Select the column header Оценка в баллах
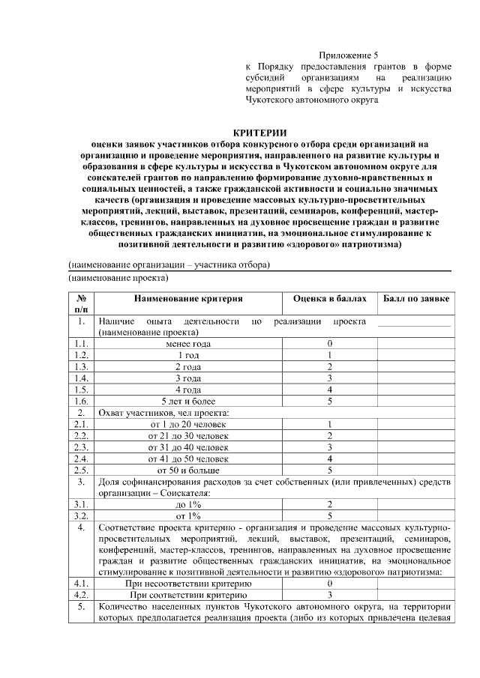[329, 299]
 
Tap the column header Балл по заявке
[416, 299]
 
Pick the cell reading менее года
[188, 344]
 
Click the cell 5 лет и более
[188, 402]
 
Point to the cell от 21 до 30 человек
[188, 436]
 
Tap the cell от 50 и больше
[188, 470]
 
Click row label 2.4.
[82, 458]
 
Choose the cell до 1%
[188, 505]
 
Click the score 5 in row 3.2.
[329, 516]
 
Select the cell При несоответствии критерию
[188, 582]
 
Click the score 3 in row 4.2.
[329, 594]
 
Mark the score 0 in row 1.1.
[329, 344]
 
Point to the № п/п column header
[82, 303]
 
